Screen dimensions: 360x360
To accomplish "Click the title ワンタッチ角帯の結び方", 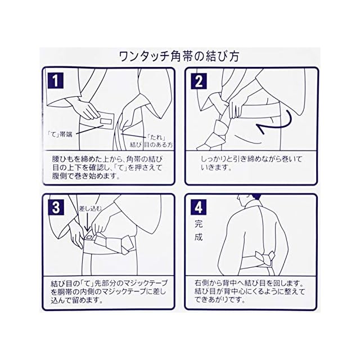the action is [x=179, y=57].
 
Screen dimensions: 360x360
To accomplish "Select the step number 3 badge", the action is [x=54, y=208].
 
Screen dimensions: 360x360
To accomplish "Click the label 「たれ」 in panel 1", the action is [x=157, y=137].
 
